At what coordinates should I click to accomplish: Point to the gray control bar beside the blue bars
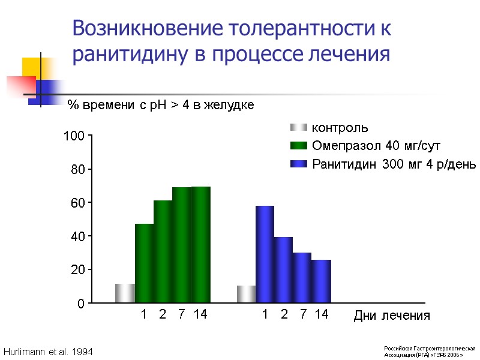(246, 294)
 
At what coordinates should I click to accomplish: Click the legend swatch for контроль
(298, 128)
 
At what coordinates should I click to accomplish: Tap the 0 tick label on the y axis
(80, 304)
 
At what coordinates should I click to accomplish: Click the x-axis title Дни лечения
(392, 316)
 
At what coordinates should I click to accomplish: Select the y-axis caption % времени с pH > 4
(161, 105)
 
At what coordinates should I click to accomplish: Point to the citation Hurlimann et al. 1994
(48, 351)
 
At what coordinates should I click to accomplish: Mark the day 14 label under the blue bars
(322, 314)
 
